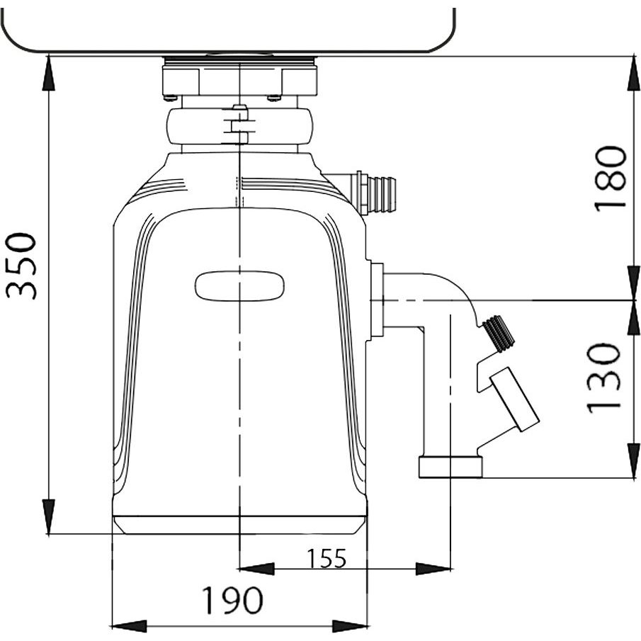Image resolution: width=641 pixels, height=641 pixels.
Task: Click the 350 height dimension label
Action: coord(21,266)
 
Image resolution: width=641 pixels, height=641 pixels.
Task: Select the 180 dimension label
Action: coord(611,178)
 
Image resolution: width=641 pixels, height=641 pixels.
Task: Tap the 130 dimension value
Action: coord(604,378)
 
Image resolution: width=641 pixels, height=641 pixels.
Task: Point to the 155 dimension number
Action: coord(327,558)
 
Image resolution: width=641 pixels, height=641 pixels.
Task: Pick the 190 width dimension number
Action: coord(232,600)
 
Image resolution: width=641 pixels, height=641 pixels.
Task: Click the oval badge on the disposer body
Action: coord(239,286)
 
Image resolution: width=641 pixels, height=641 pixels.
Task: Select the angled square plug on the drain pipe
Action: coord(515,399)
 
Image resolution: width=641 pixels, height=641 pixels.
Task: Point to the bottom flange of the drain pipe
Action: coord(450,467)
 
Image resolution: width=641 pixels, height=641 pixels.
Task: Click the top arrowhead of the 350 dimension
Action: coord(48,74)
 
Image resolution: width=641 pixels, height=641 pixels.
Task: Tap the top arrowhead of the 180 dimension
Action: coord(634,74)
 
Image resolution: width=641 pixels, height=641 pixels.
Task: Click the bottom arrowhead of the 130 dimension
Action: coord(634,460)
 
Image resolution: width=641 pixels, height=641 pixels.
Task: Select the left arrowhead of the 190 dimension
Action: coord(129,626)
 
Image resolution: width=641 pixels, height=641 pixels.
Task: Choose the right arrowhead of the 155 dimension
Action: coord(433,569)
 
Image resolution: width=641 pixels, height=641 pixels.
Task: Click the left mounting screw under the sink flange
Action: coord(170,97)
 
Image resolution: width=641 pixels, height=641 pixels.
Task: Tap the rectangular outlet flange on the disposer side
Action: coord(377,300)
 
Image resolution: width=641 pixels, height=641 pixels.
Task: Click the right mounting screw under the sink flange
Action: coord(274,97)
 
